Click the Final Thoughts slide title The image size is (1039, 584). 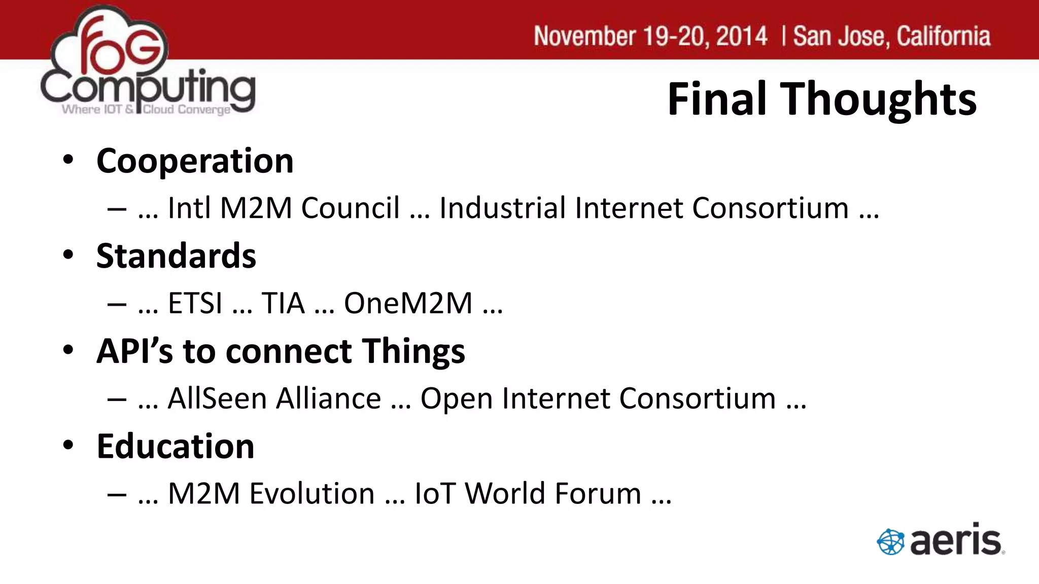pyautogui.click(x=821, y=99)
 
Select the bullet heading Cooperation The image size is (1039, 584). pyautogui.click(x=195, y=161)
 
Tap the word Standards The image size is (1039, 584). pyautogui.click(x=176, y=256)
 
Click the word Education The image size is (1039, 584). pyautogui.click(x=176, y=447)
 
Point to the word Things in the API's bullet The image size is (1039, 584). pyautogui.click(x=413, y=351)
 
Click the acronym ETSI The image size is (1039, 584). pyautogui.click(x=195, y=303)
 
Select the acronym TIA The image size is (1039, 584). pyautogui.click(x=283, y=303)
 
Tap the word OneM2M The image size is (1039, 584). pyautogui.click(x=408, y=303)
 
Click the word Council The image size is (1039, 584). pyautogui.click(x=350, y=208)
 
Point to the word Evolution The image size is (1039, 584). pyautogui.click(x=311, y=493)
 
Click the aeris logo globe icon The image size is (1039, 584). pyautogui.click(x=890, y=541)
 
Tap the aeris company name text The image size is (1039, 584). pyautogui.click(x=956, y=540)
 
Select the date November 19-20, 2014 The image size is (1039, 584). pyautogui.click(x=650, y=36)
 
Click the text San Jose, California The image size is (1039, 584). pyautogui.click(x=891, y=36)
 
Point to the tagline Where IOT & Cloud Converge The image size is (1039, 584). pyautogui.click(x=146, y=109)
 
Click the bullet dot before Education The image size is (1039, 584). pyautogui.click(x=68, y=445)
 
